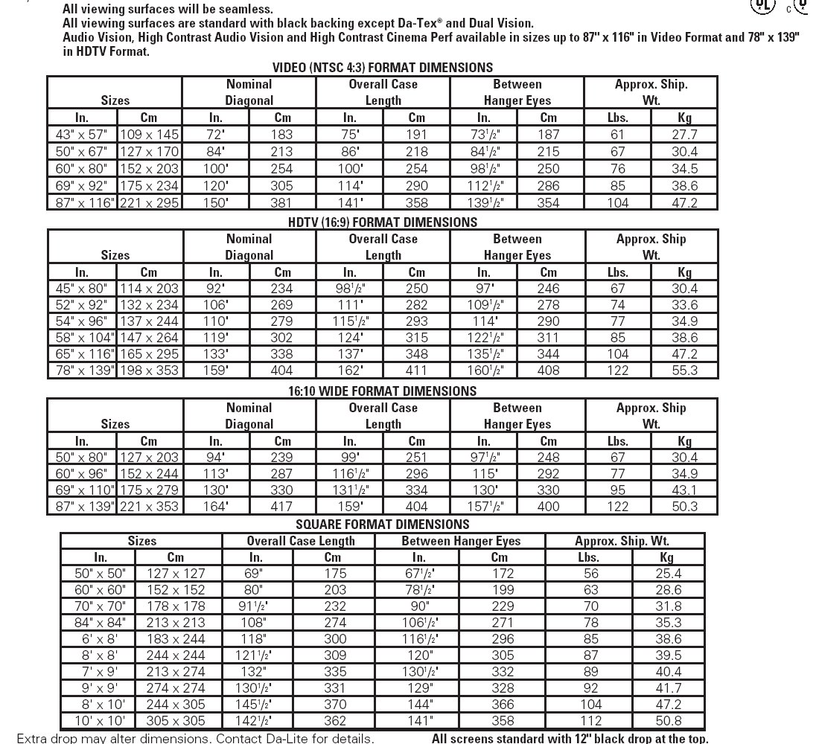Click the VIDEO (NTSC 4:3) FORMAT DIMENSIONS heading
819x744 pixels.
coord(383,68)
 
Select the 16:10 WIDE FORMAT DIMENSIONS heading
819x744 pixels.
coord(383,391)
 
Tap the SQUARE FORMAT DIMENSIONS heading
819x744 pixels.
coord(383,525)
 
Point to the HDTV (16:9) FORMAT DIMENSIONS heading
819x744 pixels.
coord(383,222)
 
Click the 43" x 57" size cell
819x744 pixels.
coord(82,135)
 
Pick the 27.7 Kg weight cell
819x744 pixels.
coord(684,135)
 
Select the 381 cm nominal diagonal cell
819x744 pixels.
coord(283,202)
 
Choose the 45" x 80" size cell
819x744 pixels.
coord(82,289)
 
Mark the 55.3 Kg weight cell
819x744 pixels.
coord(684,370)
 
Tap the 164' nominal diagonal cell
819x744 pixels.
coord(216,507)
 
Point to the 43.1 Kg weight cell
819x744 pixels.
coord(684,490)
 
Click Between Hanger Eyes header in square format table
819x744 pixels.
coord(461,541)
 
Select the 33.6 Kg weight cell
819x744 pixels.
coord(684,305)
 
